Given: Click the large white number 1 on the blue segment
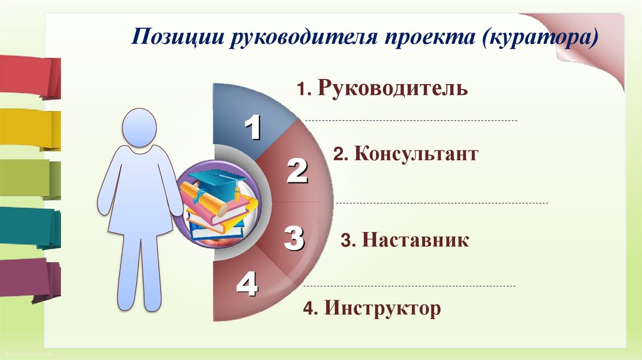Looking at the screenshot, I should pos(252,129).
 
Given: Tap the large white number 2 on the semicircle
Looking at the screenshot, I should pos(297,171).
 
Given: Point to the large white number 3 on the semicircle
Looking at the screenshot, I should pos(293,238).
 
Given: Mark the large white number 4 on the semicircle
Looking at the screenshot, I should pos(247,286).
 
